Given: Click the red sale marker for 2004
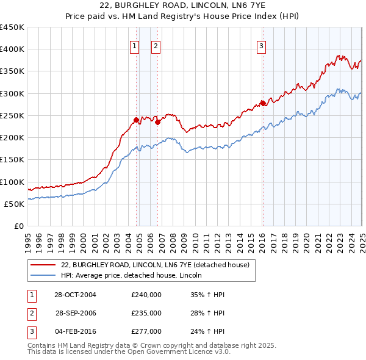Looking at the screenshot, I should [136, 120].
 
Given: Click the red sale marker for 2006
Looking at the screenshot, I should [157, 122].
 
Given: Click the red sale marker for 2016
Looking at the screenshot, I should [262, 103].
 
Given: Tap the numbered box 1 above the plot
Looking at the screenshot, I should [134, 45].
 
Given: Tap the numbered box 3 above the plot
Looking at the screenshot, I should [261, 45].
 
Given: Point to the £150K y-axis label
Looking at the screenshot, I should [12, 160].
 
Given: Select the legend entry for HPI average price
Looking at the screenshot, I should [131, 276].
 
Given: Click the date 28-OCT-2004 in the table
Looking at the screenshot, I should [75, 295].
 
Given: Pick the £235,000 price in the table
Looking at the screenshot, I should [146, 313].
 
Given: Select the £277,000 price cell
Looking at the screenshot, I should [146, 331].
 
